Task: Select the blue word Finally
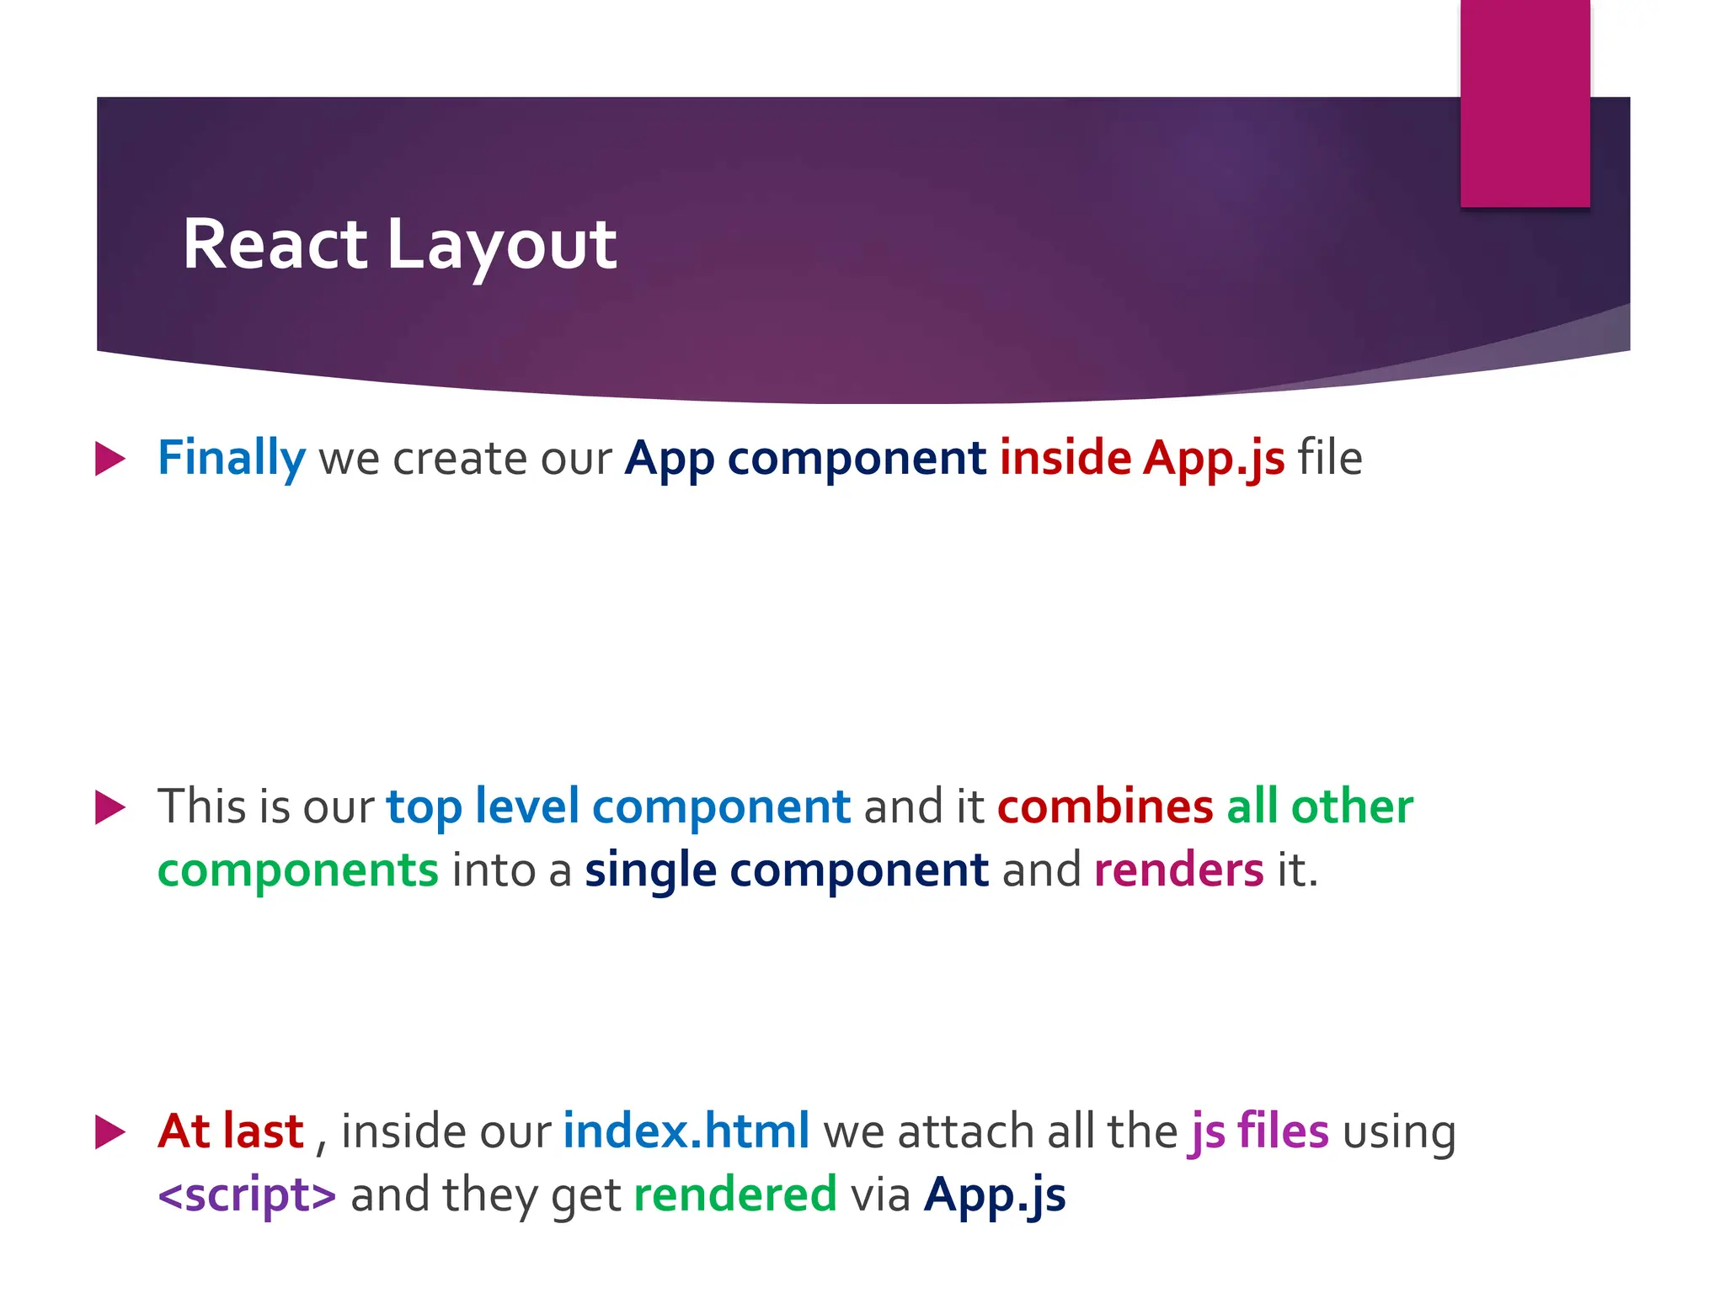[x=231, y=459]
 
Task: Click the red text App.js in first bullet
[x=1213, y=459]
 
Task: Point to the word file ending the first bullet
[x=1329, y=459]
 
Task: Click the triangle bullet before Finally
[x=109, y=459]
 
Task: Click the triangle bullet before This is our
[x=109, y=807]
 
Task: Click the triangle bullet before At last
[x=109, y=1131]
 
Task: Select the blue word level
[x=526, y=806]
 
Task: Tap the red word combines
[x=1104, y=806]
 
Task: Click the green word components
[x=297, y=870]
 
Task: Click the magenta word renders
[x=1178, y=870]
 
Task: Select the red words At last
[x=230, y=1131]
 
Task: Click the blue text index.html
[x=686, y=1131]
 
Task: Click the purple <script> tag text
[x=247, y=1195]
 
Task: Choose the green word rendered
[x=734, y=1195]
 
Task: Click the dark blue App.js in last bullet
[x=994, y=1195]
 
